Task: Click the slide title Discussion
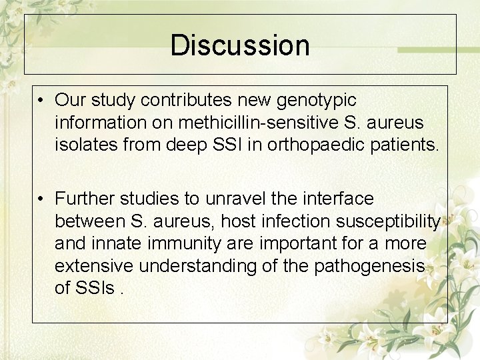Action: click(x=240, y=45)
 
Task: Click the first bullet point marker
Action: click(x=41, y=101)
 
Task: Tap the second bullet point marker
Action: click(x=41, y=199)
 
